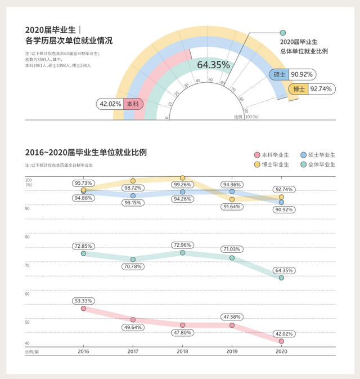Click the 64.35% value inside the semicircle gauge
pyautogui.click(x=213, y=65)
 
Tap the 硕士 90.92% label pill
pyautogui.click(x=291, y=74)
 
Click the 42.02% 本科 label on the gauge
pyautogui.click(x=119, y=104)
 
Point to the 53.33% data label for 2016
pyautogui.click(x=83, y=301)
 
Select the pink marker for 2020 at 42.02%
pyautogui.click(x=281, y=341)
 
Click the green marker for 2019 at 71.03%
pyautogui.click(x=232, y=258)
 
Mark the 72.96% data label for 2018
pyautogui.click(x=182, y=245)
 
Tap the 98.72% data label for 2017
pyautogui.click(x=133, y=188)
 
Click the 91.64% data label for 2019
pyautogui.click(x=232, y=207)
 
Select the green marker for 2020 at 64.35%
pyautogui.click(x=281, y=278)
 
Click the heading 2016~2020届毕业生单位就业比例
pyautogui.click(x=85, y=153)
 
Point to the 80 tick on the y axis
pyautogui.click(x=28, y=237)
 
